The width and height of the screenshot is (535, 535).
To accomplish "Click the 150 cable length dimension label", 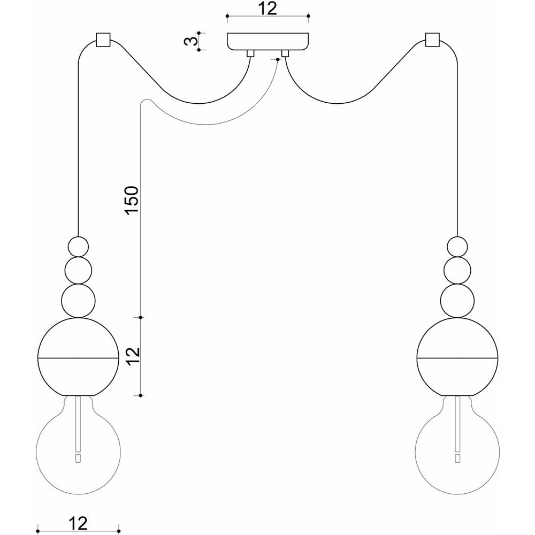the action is (132, 200).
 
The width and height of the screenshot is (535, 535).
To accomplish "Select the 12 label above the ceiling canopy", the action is (267, 9).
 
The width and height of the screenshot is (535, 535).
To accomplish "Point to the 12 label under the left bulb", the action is (78, 523).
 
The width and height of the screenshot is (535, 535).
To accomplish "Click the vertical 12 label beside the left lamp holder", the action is (133, 356).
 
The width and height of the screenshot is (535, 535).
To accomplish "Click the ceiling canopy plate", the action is (268, 41).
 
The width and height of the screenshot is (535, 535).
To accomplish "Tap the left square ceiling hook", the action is (103, 40).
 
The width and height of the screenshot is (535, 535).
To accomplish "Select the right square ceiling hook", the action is (432, 40).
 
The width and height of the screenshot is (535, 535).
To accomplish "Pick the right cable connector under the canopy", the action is (285, 53).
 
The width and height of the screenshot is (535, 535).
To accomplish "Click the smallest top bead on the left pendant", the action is (78, 247).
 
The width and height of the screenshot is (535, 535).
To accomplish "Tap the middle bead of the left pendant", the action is (78, 270).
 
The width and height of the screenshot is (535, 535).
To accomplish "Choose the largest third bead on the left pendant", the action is (78, 301).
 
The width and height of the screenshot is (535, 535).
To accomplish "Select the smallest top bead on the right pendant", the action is (457, 247).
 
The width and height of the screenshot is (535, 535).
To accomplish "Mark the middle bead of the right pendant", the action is (457, 270).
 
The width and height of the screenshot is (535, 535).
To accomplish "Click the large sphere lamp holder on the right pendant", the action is (457, 357).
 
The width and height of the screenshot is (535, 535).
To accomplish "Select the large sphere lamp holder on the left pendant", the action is (78, 357).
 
